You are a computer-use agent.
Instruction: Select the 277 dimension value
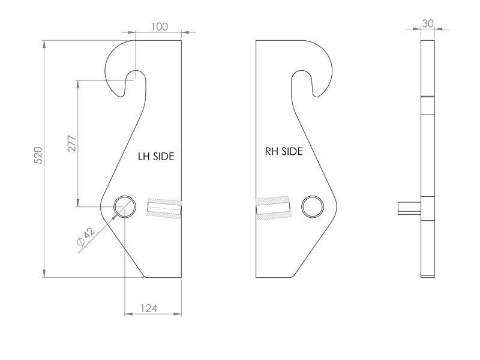pyautogui.click(x=71, y=144)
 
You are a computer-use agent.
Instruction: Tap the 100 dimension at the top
pyautogui.click(x=159, y=26)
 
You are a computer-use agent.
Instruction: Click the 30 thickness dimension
pyautogui.click(x=428, y=23)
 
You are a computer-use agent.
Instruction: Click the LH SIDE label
pyautogui.click(x=155, y=156)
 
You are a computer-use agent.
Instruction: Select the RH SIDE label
pyautogui.click(x=284, y=151)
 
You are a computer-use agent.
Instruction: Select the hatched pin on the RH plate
pyautogui.click(x=273, y=208)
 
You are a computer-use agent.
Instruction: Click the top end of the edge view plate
pyautogui.click(x=427, y=42)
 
